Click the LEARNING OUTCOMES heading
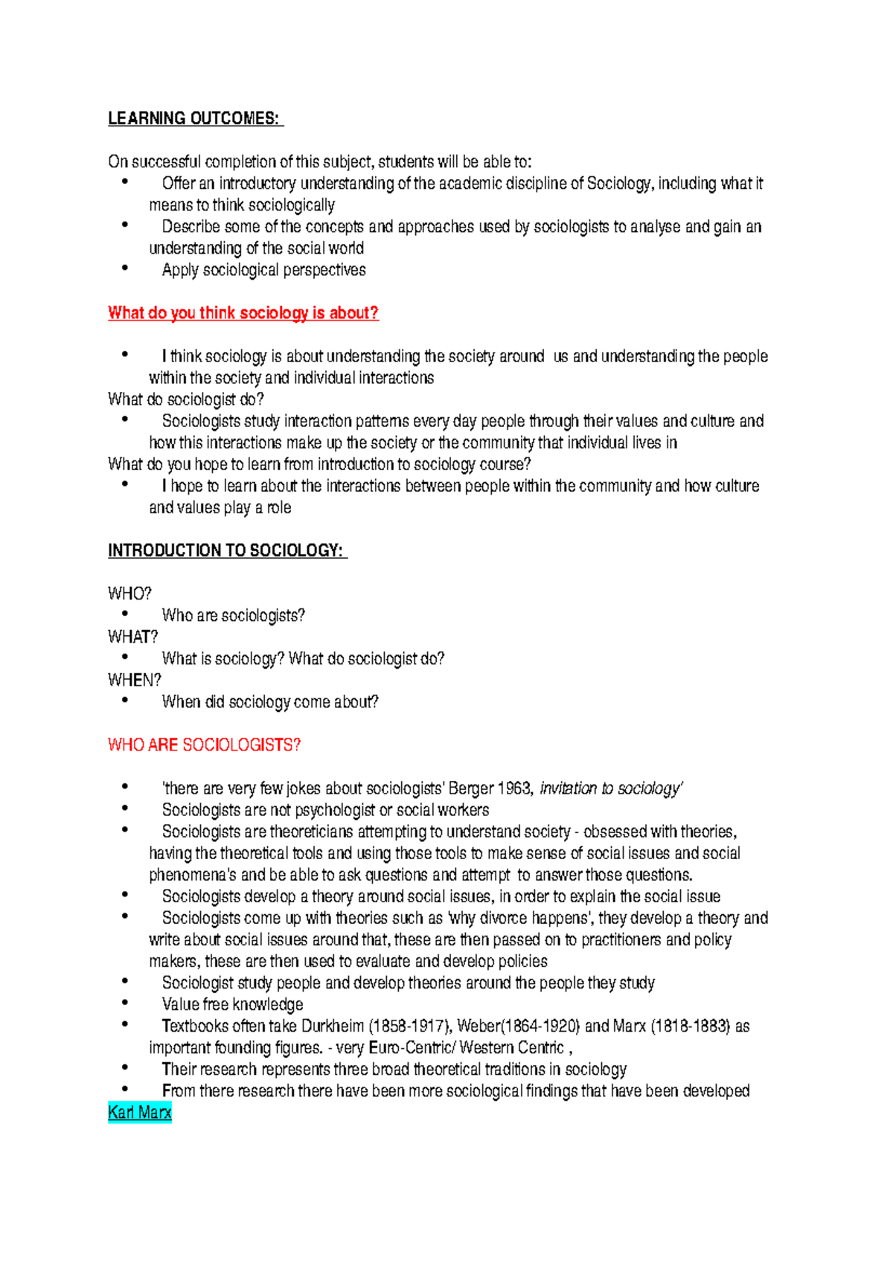point(194,119)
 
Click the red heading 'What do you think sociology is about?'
point(243,313)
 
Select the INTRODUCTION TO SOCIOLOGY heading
point(226,551)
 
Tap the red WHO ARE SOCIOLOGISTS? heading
point(204,745)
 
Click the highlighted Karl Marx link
point(140,1113)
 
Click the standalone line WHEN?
point(135,681)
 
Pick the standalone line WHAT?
point(133,637)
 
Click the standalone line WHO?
point(129,594)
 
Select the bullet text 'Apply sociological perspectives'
point(263,270)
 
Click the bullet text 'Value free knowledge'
point(232,1005)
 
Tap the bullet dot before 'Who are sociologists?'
point(126,614)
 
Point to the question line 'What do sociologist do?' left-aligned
point(186,399)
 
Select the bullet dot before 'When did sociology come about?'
point(126,700)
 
